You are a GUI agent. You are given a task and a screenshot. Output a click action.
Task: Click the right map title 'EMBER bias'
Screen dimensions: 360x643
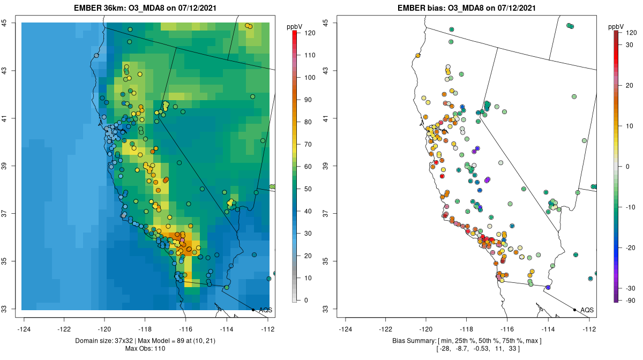419,7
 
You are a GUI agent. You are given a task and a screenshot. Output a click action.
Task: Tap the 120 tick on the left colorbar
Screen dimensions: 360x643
309,33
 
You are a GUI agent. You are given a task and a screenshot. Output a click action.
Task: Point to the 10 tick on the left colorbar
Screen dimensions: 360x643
308,277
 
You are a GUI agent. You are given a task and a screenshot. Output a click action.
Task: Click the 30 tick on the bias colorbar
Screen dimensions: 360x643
631,45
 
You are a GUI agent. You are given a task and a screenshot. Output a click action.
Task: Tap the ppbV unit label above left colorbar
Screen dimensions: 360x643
294,25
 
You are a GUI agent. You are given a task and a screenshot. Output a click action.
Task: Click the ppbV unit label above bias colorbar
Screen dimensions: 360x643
616,25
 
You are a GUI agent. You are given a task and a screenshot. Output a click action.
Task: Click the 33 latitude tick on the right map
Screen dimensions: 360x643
332,309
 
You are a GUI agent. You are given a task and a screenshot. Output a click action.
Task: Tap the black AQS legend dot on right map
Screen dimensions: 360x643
574,310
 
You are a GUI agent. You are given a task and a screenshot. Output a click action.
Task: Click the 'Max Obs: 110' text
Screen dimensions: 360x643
146,349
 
